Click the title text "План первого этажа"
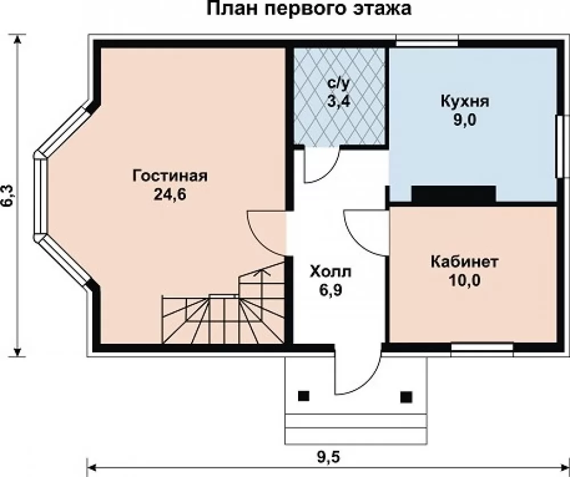309,9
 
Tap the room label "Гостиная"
170,176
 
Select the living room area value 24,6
170,195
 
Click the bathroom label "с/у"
339,84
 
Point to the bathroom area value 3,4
339,101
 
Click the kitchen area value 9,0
465,120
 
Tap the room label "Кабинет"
465,262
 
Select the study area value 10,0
465,280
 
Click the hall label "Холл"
331,272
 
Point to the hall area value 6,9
331,290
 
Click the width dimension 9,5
328,458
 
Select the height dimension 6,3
9,196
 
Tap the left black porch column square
304,396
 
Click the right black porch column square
406,397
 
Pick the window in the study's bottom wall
482,347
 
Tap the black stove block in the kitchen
454,194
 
